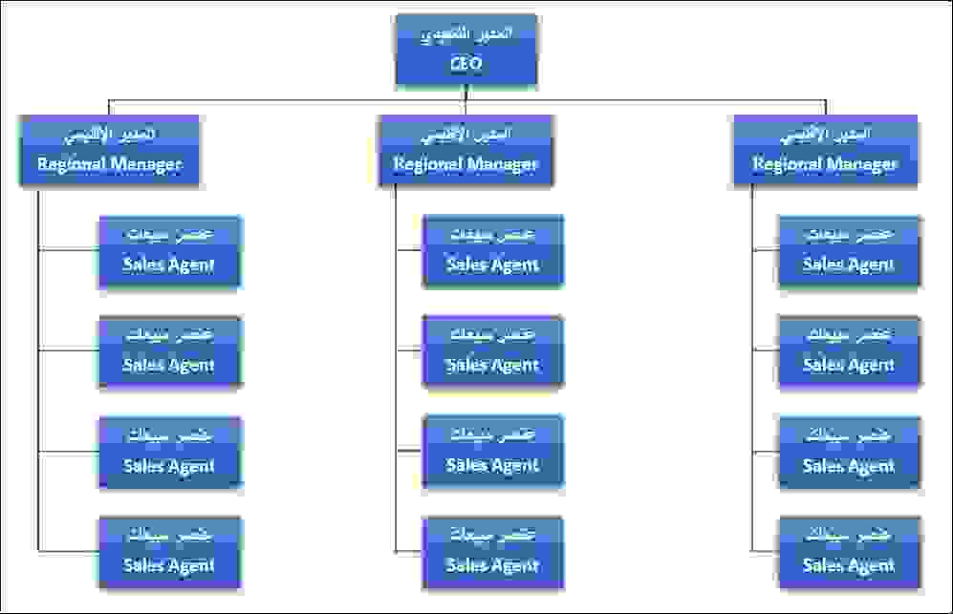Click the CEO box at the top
click(466, 49)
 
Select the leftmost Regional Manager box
click(109, 150)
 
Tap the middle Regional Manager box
click(466, 150)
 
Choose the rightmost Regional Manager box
click(825, 150)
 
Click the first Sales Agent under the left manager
click(169, 251)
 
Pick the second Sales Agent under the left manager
click(169, 351)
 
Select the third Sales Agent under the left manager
click(169, 452)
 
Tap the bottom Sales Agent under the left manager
click(169, 552)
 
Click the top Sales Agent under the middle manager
click(493, 251)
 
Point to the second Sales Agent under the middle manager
click(493, 351)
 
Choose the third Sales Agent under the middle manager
click(493, 452)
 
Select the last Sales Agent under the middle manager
click(493, 552)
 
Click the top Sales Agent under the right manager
click(849, 251)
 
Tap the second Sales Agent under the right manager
click(849, 351)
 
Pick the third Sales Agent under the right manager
click(849, 452)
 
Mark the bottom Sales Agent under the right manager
click(849, 552)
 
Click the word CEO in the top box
click(466, 65)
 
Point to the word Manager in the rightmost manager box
click(860, 164)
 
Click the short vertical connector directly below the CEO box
click(466, 92)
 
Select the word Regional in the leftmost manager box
click(70, 164)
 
